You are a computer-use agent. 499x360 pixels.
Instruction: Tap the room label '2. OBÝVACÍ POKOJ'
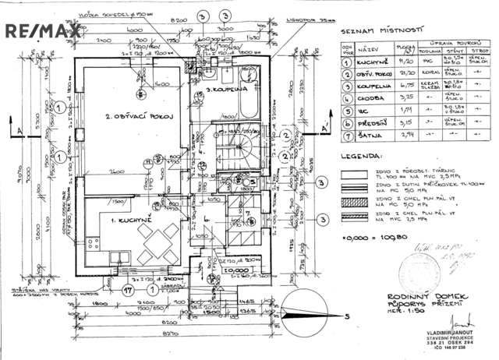139,117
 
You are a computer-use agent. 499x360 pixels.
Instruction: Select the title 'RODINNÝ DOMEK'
421,298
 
